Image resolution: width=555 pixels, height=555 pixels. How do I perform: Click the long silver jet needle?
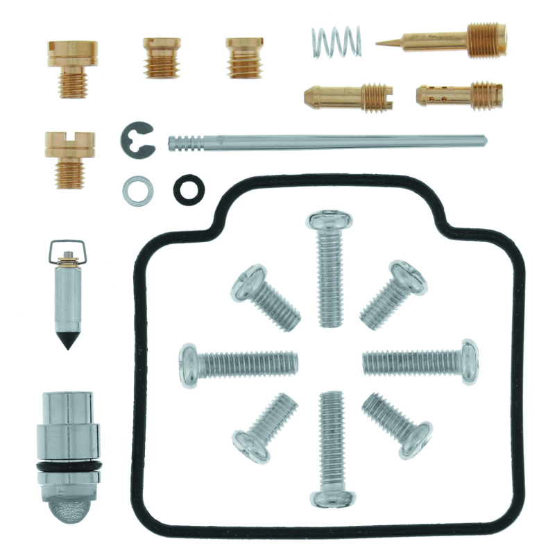326,142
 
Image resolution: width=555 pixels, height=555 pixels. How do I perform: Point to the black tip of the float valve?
67,341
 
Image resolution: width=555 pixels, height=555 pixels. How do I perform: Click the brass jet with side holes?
459,94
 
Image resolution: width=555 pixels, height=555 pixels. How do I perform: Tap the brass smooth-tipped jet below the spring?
348,96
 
